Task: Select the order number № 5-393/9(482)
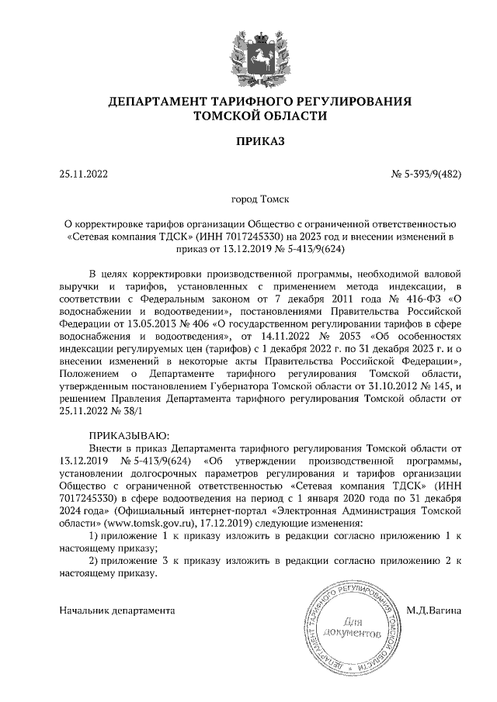click(426, 175)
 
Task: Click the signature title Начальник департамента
click(116, 610)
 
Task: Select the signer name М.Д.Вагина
click(433, 610)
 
